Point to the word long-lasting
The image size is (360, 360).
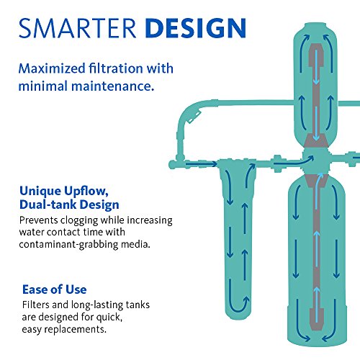tap(94, 305)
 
